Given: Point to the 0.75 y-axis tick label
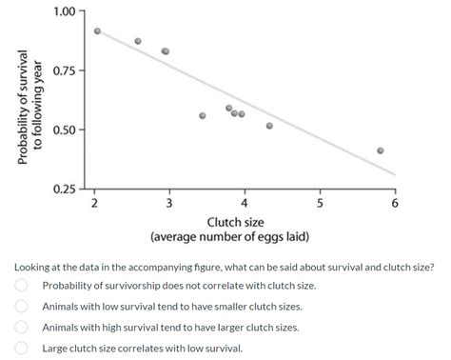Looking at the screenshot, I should click(65, 70).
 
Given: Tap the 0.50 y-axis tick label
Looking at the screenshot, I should click(65, 130).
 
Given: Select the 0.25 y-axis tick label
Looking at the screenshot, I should click(65, 189).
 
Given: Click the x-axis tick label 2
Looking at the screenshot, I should click(93, 203).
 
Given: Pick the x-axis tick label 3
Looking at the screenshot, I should click(168, 203).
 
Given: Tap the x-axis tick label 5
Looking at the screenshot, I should click(320, 203).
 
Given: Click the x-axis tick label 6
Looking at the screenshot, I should click(395, 203).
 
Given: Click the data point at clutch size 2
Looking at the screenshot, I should click(97, 30).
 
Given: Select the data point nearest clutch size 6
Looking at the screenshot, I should click(381, 150).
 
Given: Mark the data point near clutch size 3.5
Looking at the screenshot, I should click(203, 115).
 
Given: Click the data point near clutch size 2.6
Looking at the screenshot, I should click(138, 41).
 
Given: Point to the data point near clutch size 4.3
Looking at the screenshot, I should click(269, 125).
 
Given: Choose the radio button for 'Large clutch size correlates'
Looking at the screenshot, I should click(20, 348).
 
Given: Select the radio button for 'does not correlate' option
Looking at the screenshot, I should click(20, 285).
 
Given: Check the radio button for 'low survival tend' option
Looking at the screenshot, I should click(20, 306).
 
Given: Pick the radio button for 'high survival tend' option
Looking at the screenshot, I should click(20, 327).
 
